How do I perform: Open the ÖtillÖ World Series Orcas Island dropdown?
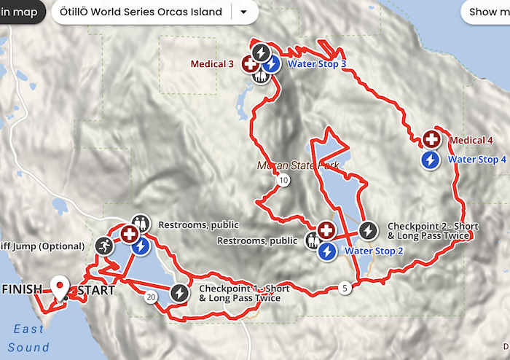pyautogui.click(x=243, y=12)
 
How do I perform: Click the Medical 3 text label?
pyautogui.click(x=212, y=64)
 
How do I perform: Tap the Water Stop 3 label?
pyautogui.click(x=316, y=64)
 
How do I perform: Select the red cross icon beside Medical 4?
pyautogui.click(x=431, y=140)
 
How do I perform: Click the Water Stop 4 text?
pyautogui.click(x=476, y=160)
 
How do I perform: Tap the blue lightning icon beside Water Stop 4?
pyautogui.click(x=431, y=160)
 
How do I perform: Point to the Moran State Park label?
pyautogui.click(x=298, y=166)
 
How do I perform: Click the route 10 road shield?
pyautogui.click(x=284, y=180)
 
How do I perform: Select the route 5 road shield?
pyautogui.click(x=344, y=289)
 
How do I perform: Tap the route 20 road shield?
pyautogui.click(x=151, y=297)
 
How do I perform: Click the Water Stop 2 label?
pyautogui.click(x=374, y=251)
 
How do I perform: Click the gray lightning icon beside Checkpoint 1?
pyautogui.click(x=179, y=294)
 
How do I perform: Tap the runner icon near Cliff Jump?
pyautogui.click(x=104, y=246)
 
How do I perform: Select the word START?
pyautogui.click(x=96, y=290)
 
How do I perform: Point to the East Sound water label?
pyautogui.click(x=30, y=338)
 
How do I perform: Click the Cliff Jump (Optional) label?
pyautogui.click(x=43, y=246)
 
